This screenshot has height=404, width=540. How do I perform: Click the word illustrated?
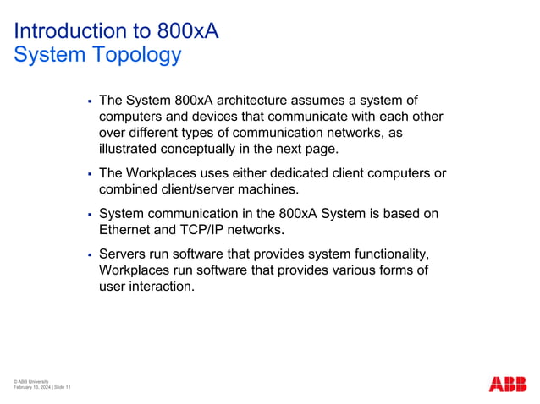127,149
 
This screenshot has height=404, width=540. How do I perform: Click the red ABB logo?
508,383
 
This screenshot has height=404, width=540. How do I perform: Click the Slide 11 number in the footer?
62,387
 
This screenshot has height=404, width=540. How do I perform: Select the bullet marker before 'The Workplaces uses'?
89,174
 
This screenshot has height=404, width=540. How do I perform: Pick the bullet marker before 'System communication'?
89,215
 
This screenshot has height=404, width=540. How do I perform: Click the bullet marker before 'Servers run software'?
89,254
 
